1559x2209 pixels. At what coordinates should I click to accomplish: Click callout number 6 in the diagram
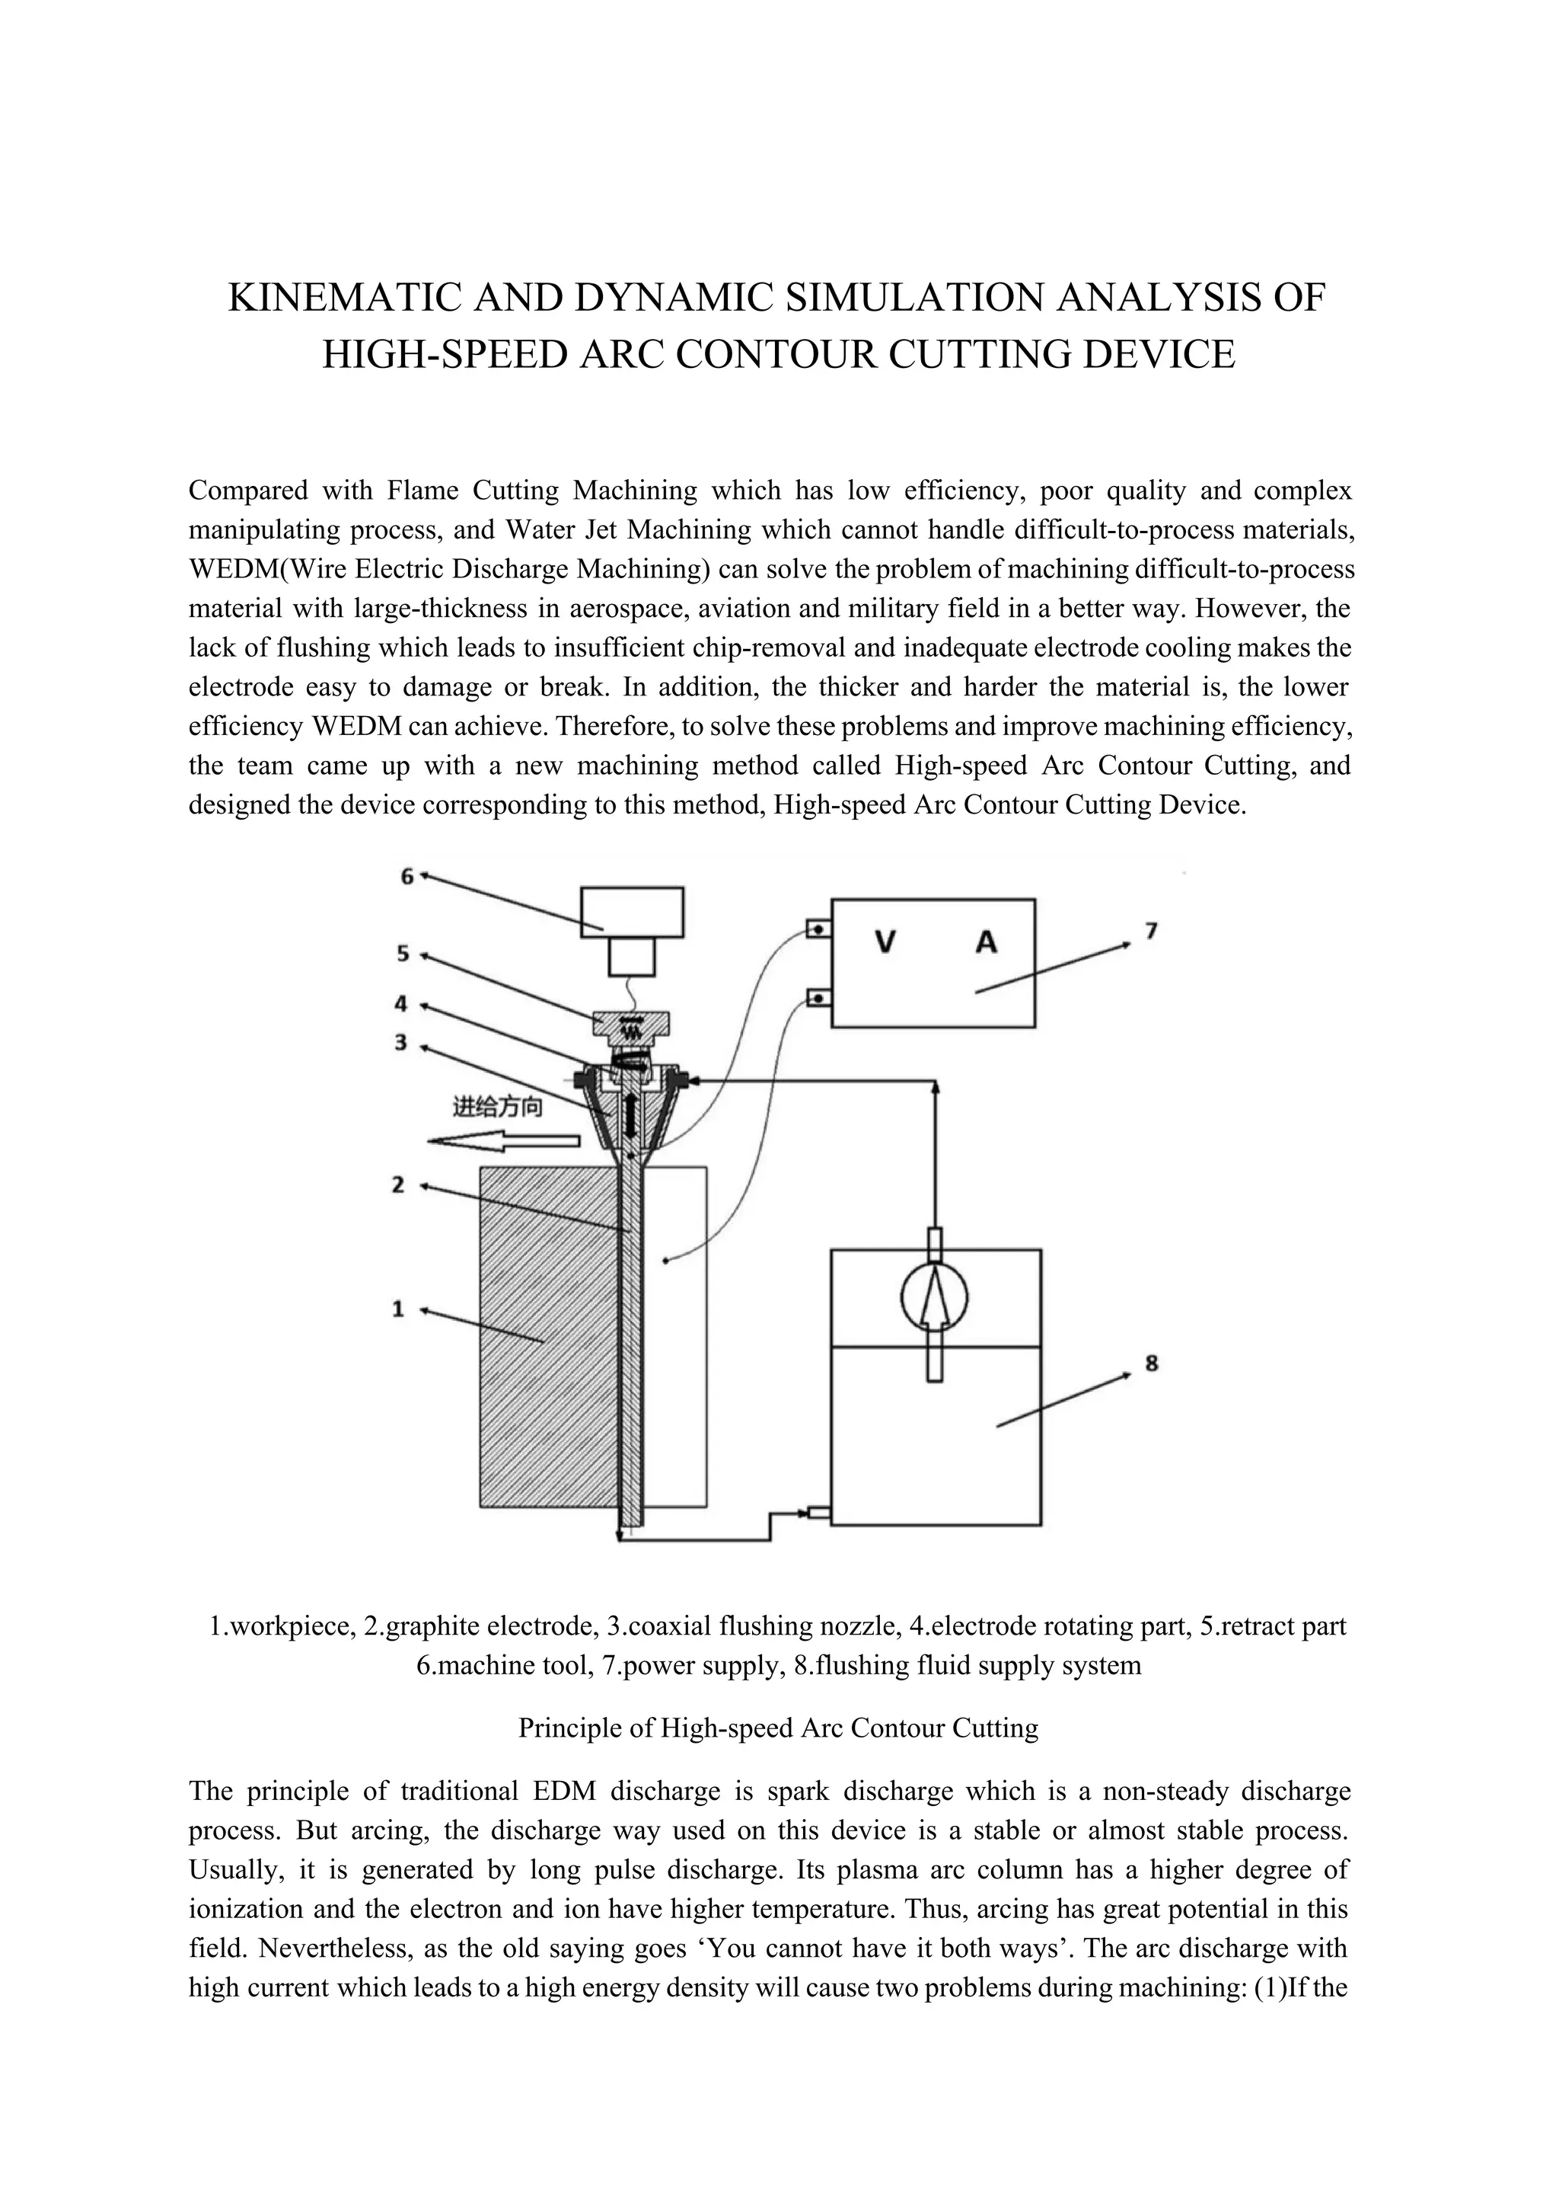point(406,877)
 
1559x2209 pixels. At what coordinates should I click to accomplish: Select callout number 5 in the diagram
point(403,954)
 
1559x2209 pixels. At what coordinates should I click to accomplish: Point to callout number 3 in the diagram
point(401,1042)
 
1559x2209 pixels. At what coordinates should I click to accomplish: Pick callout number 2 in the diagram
point(398,1184)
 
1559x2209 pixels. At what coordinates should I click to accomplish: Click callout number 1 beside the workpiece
point(398,1309)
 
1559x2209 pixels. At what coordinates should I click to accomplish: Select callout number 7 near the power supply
point(1151,930)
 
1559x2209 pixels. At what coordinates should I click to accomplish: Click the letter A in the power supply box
point(987,943)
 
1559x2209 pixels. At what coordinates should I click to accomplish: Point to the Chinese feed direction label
point(497,1108)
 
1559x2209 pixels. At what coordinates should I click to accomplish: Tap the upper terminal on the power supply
point(817,929)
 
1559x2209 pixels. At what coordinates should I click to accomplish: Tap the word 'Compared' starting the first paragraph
point(247,491)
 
